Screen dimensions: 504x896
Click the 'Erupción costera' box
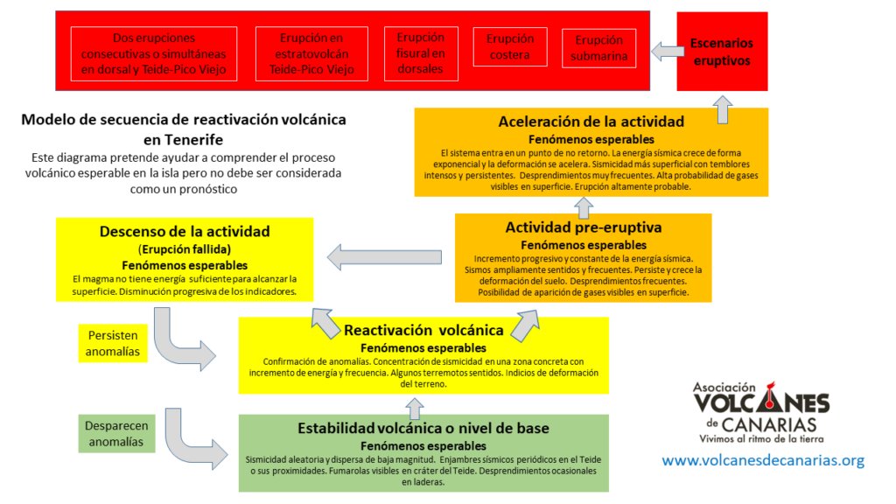(x=509, y=47)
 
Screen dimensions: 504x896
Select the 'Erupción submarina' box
(x=598, y=49)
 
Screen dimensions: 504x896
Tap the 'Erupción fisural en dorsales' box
(x=420, y=52)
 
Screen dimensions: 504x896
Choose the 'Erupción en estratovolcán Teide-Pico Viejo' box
(x=311, y=54)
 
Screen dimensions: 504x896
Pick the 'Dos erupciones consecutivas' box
(x=154, y=54)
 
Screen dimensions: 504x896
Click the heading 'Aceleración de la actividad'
(x=591, y=122)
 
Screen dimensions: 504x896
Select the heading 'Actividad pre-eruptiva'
(x=583, y=227)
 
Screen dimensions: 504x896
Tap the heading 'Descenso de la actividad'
(x=184, y=232)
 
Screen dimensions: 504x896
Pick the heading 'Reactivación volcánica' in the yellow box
(x=423, y=331)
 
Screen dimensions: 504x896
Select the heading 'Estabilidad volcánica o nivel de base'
(x=423, y=428)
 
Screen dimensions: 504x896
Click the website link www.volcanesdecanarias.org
(x=763, y=460)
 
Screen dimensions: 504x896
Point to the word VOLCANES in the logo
(x=760, y=405)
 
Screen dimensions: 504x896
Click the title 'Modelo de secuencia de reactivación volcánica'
(x=183, y=120)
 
